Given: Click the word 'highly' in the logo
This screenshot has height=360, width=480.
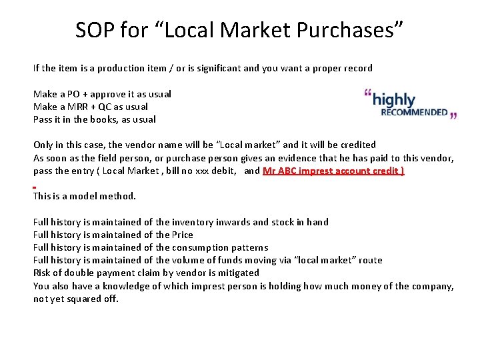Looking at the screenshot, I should (x=394, y=100).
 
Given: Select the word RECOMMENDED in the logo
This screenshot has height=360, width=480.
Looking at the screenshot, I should (x=414, y=113).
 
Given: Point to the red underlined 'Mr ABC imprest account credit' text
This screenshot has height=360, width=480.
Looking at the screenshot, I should (x=333, y=171).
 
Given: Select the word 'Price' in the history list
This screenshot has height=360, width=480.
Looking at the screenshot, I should (x=183, y=235).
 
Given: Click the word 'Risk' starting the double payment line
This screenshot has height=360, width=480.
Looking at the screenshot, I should (x=43, y=273).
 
